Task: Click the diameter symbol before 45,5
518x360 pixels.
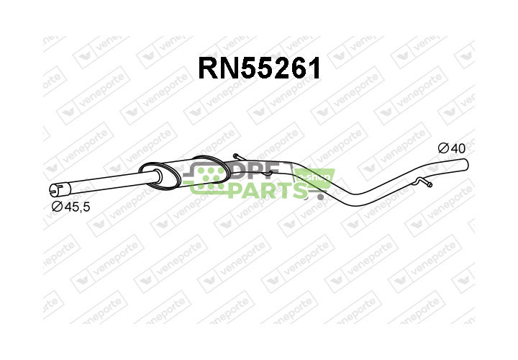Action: pos(57,207)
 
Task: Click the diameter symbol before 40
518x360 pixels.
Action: pos(443,148)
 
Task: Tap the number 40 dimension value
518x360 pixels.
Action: pos(458,148)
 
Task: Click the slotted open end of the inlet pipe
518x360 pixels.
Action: pos(54,190)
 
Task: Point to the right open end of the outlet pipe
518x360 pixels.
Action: pos(465,165)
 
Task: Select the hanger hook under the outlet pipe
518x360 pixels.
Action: pos(424,185)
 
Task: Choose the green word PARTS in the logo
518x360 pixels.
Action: pos(265,189)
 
